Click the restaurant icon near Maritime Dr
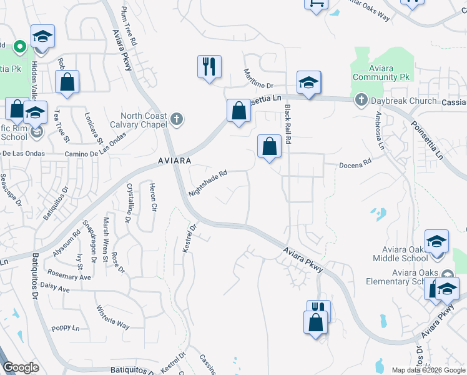(209, 66)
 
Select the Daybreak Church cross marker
(361, 100)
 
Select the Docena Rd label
(355, 163)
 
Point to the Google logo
(21, 367)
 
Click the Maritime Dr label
(259, 78)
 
